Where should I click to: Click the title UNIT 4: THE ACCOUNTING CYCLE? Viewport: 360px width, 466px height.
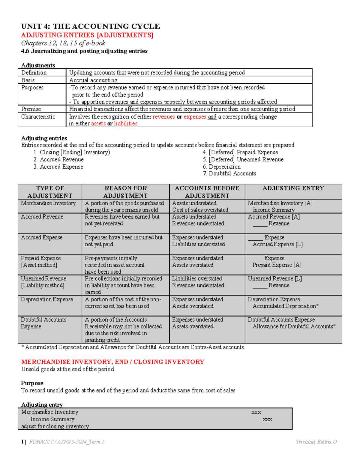[x=90, y=26]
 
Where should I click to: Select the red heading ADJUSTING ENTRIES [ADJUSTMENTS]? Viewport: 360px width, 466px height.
[x=87, y=35]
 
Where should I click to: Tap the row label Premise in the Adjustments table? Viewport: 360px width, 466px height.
[x=31, y=109]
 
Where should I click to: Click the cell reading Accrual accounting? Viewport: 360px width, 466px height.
[x=93, y=80]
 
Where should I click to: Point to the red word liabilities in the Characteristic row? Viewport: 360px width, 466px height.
[x=126, y=123]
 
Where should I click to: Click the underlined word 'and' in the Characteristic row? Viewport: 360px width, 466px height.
[x=212, y=116]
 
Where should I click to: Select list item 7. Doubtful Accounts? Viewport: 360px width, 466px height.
[x=229, y=173]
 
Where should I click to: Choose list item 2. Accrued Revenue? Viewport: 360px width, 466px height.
[x=58, y=159]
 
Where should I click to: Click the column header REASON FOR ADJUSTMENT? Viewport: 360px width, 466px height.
[x=125, y=192]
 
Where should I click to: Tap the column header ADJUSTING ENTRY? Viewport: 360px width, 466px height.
[x=293, y=188]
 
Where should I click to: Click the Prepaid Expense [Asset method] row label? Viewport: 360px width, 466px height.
[x=40, y=261]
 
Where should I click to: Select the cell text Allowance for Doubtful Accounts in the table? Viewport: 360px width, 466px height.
[x=292, y=326]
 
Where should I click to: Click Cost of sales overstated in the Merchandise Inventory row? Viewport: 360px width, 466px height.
[x=200, y=210]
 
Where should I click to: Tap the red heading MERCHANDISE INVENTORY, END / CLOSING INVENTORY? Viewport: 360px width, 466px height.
[x=112, y=362]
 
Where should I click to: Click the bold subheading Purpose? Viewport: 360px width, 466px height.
[x=32, y=383]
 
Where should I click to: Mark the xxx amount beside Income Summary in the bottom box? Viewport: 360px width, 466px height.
[x=267, y=419]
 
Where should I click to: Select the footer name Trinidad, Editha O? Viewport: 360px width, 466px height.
[x=316, y=442]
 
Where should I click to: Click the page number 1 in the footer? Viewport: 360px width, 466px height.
[x=22, y=442]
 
